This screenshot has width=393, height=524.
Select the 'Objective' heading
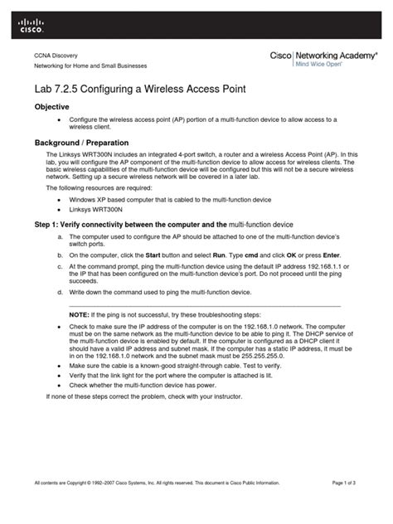click(x=51, y=108)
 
